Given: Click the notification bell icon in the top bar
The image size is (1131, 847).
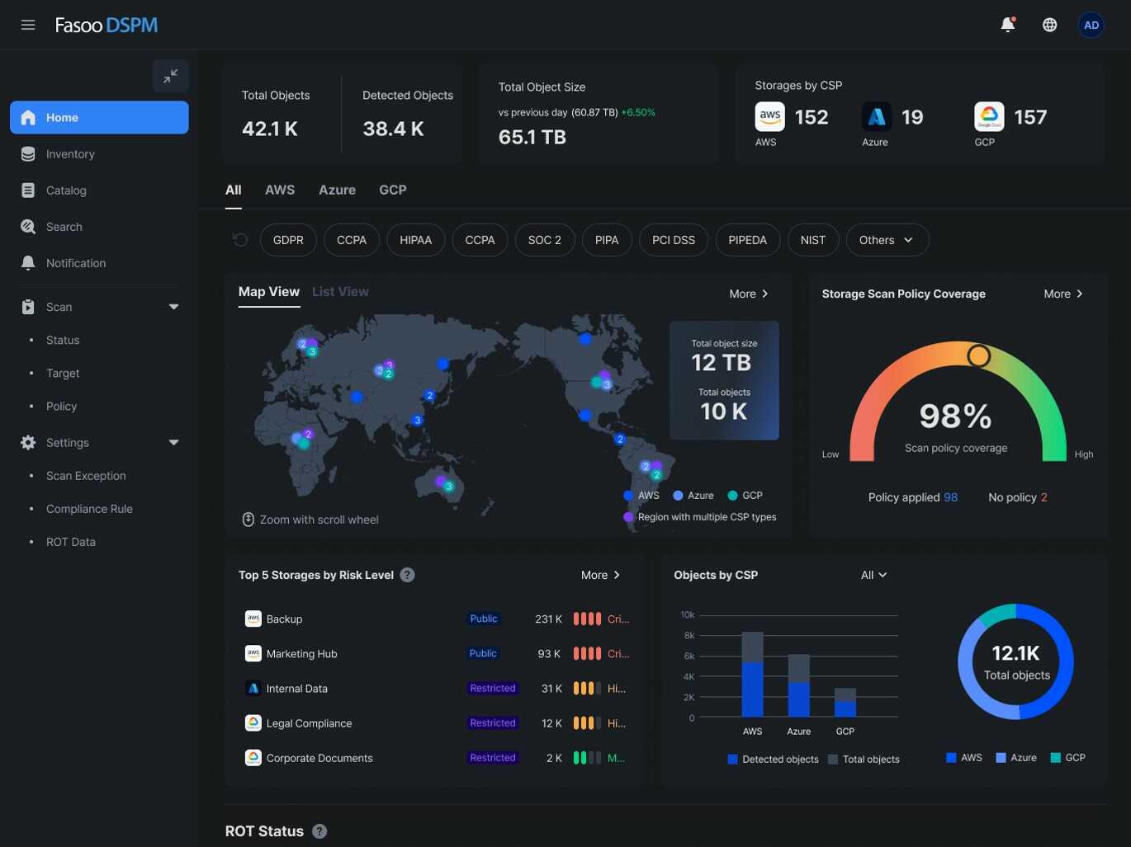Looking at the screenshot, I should point(1007,25).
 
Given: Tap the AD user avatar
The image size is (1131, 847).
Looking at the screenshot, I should point(1091,25).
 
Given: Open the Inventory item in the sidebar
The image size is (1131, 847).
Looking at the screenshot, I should point(70,154).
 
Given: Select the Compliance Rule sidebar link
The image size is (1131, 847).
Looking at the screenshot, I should point(89,509).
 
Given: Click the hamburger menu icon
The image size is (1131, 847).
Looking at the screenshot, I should point(28,25).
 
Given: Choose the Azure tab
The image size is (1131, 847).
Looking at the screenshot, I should point(337,190).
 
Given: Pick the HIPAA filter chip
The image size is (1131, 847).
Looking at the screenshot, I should point(415,240).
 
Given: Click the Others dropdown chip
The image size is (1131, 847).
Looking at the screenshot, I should point(887,240).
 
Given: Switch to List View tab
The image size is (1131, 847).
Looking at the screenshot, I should point(340,292).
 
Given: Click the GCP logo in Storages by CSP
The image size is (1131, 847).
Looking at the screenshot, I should point(988,117).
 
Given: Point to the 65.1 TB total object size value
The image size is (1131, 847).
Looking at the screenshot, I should point(532,137).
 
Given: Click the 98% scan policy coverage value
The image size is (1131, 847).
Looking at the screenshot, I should point(955,416).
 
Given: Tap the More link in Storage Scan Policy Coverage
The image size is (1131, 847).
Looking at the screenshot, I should point(1062,294).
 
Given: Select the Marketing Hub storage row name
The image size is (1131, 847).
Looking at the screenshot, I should point(301,654).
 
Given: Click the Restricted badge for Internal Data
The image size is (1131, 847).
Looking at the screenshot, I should point(493,689).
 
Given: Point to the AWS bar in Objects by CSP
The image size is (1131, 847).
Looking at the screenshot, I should point(752,675).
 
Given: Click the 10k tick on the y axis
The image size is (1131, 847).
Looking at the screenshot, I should point(687,615).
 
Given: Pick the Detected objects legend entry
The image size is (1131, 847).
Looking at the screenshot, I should point(774,760).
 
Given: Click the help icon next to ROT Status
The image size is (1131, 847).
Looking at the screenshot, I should point(319,831).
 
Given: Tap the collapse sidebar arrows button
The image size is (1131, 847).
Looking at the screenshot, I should point(170,76).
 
